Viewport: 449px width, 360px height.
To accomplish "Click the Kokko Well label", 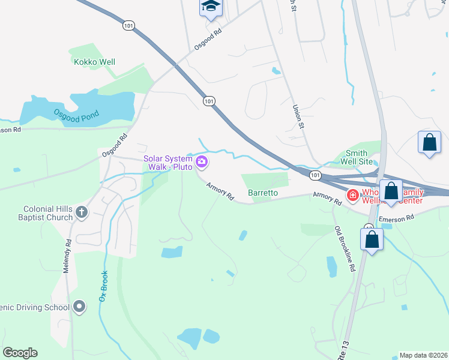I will (x=94, y=62).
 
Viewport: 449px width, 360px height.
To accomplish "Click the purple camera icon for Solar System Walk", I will (x=202, y=161).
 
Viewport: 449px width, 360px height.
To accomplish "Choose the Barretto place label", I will (x=263, y=193).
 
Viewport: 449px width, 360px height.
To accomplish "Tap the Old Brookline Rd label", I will (x=346, y=249).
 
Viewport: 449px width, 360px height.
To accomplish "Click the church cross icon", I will (x=82, y=212).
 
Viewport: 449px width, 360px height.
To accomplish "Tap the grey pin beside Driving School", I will (x=79, y=308).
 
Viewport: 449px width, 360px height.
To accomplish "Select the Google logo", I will (x=20, y=352).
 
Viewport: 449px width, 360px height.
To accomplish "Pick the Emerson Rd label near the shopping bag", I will (x=397, y=219).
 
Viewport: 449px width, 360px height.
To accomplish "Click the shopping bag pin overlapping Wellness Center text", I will (x=391, y=191).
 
